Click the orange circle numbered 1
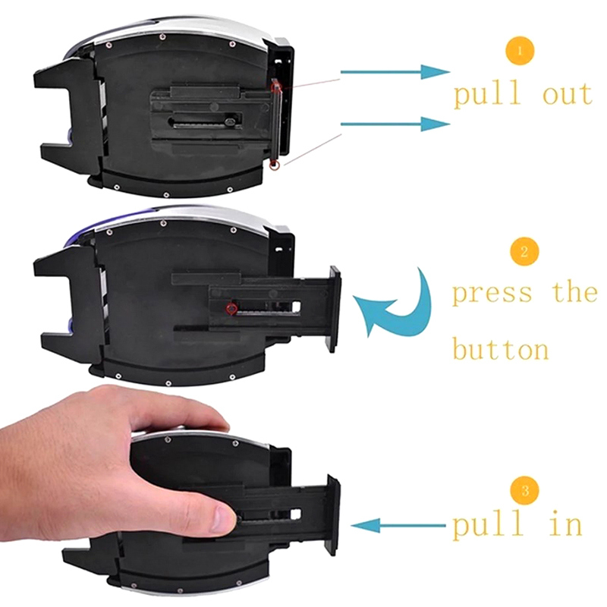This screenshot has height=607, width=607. coord(520,50)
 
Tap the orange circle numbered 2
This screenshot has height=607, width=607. coord(524,252)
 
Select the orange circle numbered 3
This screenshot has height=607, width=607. coord(524,491)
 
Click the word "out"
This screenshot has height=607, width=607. coord(567,94)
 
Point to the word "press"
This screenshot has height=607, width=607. coord(492,294)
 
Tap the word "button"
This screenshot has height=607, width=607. coord(500,348)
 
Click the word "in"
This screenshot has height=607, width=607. coord(566,523)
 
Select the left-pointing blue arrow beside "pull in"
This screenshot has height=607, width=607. coord(398,525)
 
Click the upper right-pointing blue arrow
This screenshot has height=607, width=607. coord(395,72)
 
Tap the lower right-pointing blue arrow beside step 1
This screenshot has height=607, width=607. coord(395,124)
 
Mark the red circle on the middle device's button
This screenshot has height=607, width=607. coord(231,308)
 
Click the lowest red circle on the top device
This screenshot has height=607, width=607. coord(274,165)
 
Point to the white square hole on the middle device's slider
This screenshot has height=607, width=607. coord(297,307)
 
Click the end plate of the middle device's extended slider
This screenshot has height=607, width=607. coord(335,309)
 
